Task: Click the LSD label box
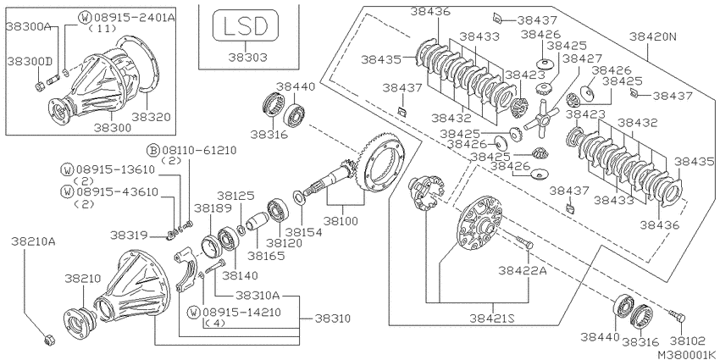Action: tap(245, 25)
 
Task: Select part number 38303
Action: tap(248, 57)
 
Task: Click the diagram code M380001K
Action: tap(688, 355)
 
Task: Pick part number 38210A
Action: tap(34, 241)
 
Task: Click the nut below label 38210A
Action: tap(47, 340)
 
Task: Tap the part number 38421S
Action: tap(492, 318)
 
